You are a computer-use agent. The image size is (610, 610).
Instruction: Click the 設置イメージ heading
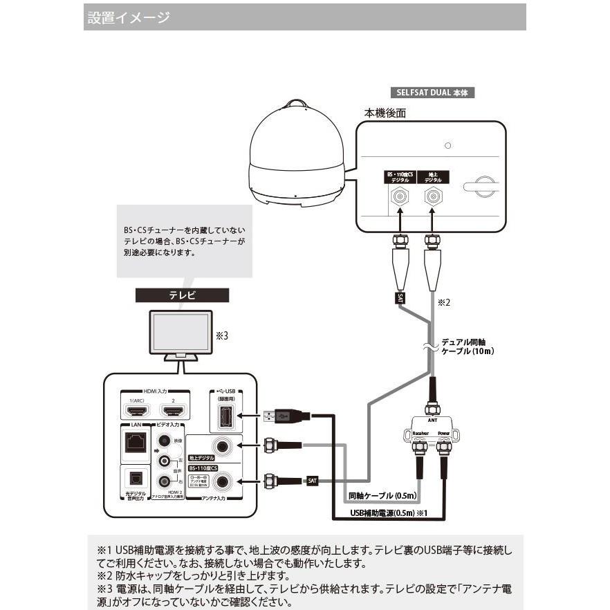[x=129, y=17]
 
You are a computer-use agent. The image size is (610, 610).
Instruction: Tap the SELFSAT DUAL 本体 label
[x=431, y=91]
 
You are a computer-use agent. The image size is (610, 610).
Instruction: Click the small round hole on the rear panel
[x=448, y=146]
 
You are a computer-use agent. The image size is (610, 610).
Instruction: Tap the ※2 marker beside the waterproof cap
[x=444, y=302]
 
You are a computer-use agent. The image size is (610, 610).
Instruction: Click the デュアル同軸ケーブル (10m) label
[x=468, y=346]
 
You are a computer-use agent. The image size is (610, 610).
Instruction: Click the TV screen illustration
[x=183, y=332]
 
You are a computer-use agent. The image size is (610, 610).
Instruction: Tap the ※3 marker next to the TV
[x=221, y=335]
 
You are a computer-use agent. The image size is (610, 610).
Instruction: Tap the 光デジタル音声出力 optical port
[x=133, y=477]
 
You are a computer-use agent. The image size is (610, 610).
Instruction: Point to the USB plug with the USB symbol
[x=280, y=416]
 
